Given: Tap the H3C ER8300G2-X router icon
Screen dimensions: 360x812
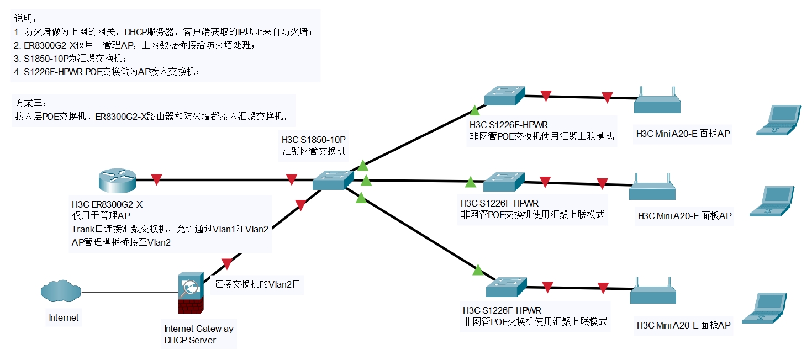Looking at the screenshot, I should tap(117, 179).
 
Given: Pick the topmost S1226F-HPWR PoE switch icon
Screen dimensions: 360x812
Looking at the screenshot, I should tap(504, 96).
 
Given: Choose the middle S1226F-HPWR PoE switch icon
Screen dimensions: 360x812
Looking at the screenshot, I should tap(503, 182).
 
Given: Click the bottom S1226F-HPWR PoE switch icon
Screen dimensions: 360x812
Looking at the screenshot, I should tap(506, 287).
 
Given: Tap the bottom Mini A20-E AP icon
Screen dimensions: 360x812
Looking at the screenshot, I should tap(653, 294).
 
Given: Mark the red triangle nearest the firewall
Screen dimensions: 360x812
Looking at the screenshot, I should tap(226, 264).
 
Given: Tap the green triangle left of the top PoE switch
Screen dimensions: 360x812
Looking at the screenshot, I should tap(473, 110).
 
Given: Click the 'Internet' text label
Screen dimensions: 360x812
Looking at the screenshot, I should tap(64, 317).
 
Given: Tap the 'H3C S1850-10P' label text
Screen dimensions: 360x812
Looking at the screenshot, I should tap(317, 140).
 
